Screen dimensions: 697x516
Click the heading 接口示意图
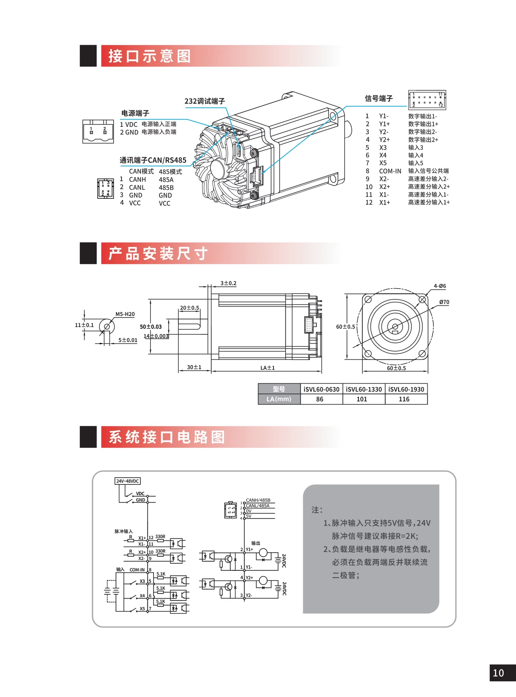[x=149, y=56]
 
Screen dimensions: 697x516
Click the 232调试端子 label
[x=205, y=101]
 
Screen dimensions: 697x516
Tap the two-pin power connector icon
[x=98, y=131]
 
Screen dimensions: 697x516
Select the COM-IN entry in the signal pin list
[x=390, y=171]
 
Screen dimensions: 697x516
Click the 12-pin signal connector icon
[x=427, y=100]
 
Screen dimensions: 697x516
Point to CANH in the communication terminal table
[x=137, y=179]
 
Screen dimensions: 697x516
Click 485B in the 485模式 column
[x=166, y=188]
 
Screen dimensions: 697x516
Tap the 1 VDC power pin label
[x=129, y=124]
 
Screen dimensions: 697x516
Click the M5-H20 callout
[x=125, y=314]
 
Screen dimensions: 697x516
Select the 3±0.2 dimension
[x=228, y=283]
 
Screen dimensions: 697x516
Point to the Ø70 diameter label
[x=444, y=302]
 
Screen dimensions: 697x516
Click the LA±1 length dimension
[x=268, y=368]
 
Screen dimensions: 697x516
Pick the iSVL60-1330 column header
[x=363, y=390]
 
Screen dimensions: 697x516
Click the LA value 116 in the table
[x=404, y=399]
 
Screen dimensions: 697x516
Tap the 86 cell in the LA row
[x=319, y=399]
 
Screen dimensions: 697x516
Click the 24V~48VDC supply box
[x=127, y=481]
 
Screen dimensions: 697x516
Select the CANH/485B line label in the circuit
[x=258, y=500]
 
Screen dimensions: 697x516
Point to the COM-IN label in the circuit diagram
[x=137, y=570]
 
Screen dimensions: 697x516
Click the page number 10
[x=498, y=673]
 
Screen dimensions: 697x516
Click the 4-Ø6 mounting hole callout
[x=440, y=286]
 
